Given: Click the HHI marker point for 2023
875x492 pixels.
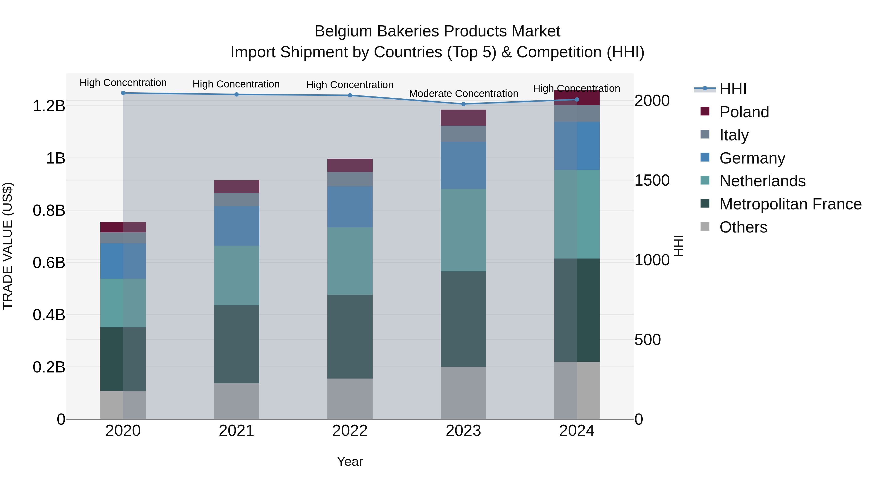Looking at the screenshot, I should coord(463,104).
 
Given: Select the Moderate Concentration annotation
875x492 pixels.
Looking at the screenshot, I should coord(463,93).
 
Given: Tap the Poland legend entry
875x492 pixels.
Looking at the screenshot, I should coord(744,112).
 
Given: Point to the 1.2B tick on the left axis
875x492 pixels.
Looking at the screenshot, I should coord(49,106).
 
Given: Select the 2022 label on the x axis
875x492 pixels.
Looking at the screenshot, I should coord(350,431).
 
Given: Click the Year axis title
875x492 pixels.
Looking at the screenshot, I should coord(350,461).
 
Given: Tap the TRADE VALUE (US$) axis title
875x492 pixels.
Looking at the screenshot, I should coord(8,246).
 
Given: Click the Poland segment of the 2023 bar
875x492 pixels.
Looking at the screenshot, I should coord(463,118).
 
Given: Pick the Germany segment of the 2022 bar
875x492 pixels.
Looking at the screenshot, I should coord(350,207).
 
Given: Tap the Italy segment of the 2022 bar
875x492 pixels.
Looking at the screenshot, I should coord(350,179).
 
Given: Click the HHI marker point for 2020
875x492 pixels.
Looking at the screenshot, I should coord(123,93).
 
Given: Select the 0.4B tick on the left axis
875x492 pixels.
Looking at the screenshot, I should coord(49,315).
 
